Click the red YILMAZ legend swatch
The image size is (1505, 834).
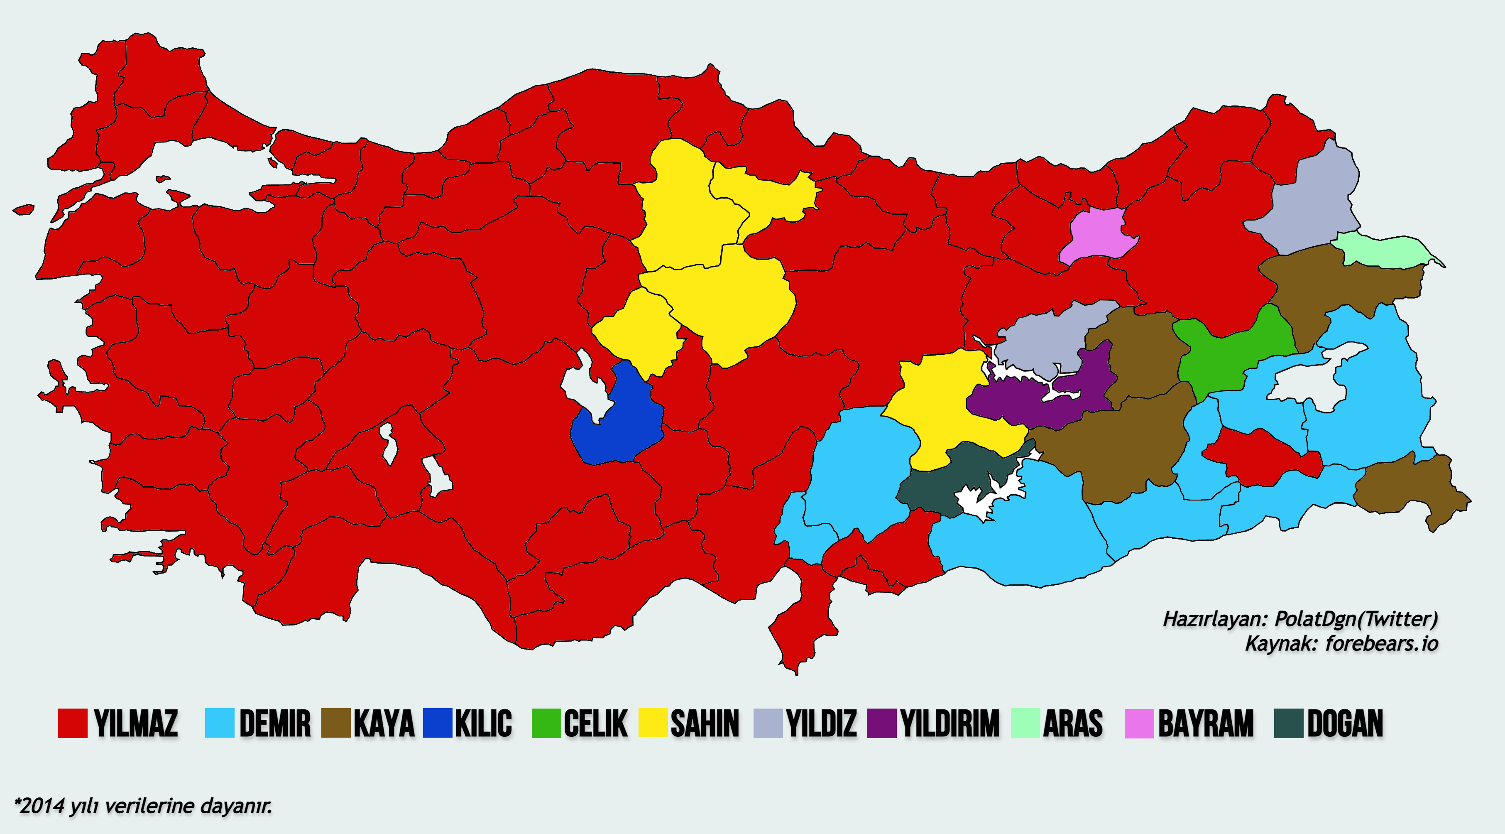point(72,723)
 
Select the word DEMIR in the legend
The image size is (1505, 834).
point(274,724)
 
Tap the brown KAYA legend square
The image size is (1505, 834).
point(336,723)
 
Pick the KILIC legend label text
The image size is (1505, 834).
point(483,724)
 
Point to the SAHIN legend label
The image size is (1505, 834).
point(705,724)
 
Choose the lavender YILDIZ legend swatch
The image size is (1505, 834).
point(768,723)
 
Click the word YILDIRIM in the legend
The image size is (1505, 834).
point(950,724)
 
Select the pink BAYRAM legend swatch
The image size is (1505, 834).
point(1139,723)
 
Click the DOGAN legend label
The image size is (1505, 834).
point(1345,724)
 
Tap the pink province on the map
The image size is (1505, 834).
point(1099,237)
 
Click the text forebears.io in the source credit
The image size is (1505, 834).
point(1381,643)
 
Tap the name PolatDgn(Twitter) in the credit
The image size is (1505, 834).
point(1356,618)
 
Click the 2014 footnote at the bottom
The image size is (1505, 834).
point(143,806)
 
